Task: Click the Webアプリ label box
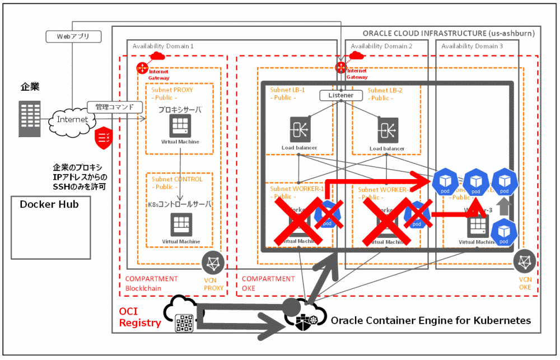(72, 36)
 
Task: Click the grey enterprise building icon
(29, 119)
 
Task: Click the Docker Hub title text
(49, 204)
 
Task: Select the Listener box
(341, 95)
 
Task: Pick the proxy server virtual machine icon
(181, 125)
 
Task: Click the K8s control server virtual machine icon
(181, 224)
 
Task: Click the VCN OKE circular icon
(525, 260)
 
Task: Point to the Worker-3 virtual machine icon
(478, 225)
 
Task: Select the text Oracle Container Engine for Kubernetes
(431, 321)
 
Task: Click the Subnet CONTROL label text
(177, 180)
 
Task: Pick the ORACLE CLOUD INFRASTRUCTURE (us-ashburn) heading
(449, 33)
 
